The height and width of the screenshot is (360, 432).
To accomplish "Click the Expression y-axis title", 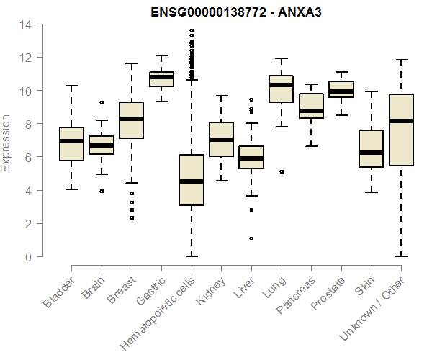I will click(6, 141).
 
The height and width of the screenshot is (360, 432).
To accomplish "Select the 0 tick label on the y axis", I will click(28, 256).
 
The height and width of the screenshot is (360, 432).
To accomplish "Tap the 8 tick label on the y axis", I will click(28, 124).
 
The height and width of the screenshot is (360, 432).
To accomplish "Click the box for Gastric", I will click(161, 79).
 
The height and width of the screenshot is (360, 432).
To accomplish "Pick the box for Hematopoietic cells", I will click(191, 180).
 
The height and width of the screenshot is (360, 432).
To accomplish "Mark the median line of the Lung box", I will click(281, 85).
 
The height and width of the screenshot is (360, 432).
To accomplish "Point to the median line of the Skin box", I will click(370, 153).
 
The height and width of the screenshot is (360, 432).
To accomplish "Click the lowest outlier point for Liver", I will click(251, 238).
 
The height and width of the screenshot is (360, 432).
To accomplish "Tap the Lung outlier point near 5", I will click(281, 171).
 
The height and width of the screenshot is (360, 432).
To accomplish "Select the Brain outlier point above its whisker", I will click(102, 102).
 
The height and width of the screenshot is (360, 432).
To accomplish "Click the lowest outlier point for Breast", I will click(131, 217).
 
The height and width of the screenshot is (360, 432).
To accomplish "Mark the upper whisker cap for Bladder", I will click(71, 86).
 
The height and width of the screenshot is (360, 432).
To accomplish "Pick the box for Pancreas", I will click(311, 105).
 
